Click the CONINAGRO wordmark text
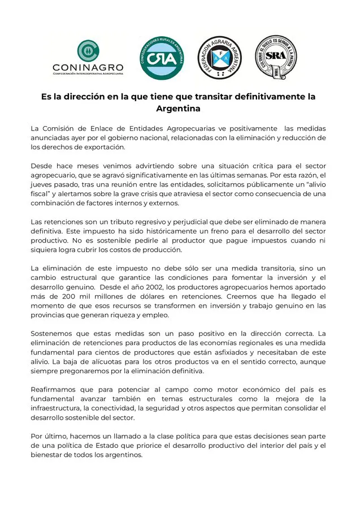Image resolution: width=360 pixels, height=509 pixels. coord(88,66)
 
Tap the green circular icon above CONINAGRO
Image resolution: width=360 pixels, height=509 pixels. coord(88,50)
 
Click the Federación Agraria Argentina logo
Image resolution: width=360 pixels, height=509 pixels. coord(219,58)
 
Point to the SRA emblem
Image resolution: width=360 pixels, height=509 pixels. coord(276,57)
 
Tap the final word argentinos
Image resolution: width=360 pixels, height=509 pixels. coord(125,455)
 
